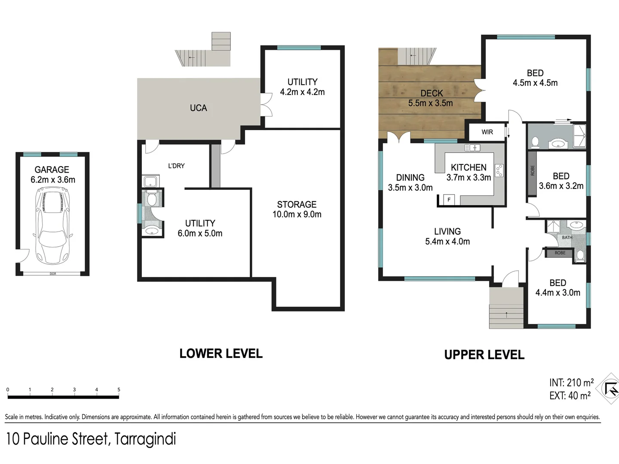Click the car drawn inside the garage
(x=52, y=226)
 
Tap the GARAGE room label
(x=52, y=170)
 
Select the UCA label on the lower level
(x=199, y=108)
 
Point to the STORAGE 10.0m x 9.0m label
(x=297, y=209)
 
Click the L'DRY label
(x=176, y=166)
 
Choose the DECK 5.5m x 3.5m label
(x=431, y=98)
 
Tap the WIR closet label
(x=487, y=132)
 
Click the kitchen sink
(x=472, y=147)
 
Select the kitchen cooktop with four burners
(x=499, y=171)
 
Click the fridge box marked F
(x=449, y=200)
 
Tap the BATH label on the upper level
(x=567, y=238)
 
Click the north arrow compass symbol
(x=609, y=389)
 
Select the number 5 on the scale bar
(x=119, y=390)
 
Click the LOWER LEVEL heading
(x=221, y=354)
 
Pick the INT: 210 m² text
(x=571, y=382)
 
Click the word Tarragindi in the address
(x=145, y=439)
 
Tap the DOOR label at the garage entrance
(x=53, y=274)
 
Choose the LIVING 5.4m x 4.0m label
(x=447, y=236)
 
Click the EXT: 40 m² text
(x=570, y=396)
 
